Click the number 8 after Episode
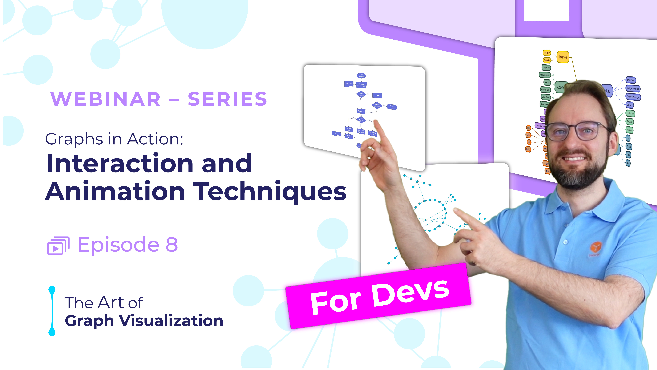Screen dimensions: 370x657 pyautogui.click(x=172, y=245)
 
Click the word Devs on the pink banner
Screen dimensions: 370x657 pyautogui.click(x=411, y=294)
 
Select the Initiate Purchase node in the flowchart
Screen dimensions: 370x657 pyautogui.click(x=361, y=76)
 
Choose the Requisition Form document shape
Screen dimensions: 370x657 pyautogui.click(x=349, y=84)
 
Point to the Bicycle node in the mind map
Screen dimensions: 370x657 pyautogui.click(x=629, y=147)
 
